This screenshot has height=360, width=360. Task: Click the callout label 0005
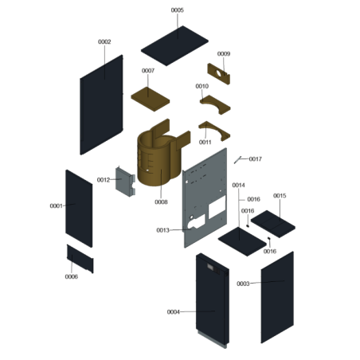click(x=177, y=10)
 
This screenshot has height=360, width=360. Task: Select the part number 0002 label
click(x=104, y=41)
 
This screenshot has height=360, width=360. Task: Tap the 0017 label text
click(x=256, y=158)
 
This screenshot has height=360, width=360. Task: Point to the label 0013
click(x=162, y=230)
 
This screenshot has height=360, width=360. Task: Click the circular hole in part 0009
click(x=218, y=73)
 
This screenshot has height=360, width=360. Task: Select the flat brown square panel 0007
click(x=151, y=99)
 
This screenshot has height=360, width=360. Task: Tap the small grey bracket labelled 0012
click(x=125, y=182)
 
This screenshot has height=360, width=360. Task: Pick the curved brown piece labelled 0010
click(x=215, y=104)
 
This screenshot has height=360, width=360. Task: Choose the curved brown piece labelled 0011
click(x=214, y=131)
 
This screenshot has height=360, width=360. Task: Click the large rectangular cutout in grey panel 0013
click(x=217, y=207)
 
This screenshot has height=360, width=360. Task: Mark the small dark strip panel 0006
click(x=80, y=259)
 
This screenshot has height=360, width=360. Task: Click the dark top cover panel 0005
click(x=174, y=45)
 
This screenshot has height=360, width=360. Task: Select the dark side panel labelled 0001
click(x=79, y=209)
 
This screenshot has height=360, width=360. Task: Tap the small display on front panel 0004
click(x=211, y=268)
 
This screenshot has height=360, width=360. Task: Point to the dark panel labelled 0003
click(x=277, y=297)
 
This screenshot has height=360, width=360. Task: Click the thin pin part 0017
click(x=237, y=160)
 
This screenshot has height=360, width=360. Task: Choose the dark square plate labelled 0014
click(x=242, y=241)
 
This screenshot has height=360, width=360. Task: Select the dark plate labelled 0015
click(x=273, y=224)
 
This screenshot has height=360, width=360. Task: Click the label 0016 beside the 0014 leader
click(x=253, y=199)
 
